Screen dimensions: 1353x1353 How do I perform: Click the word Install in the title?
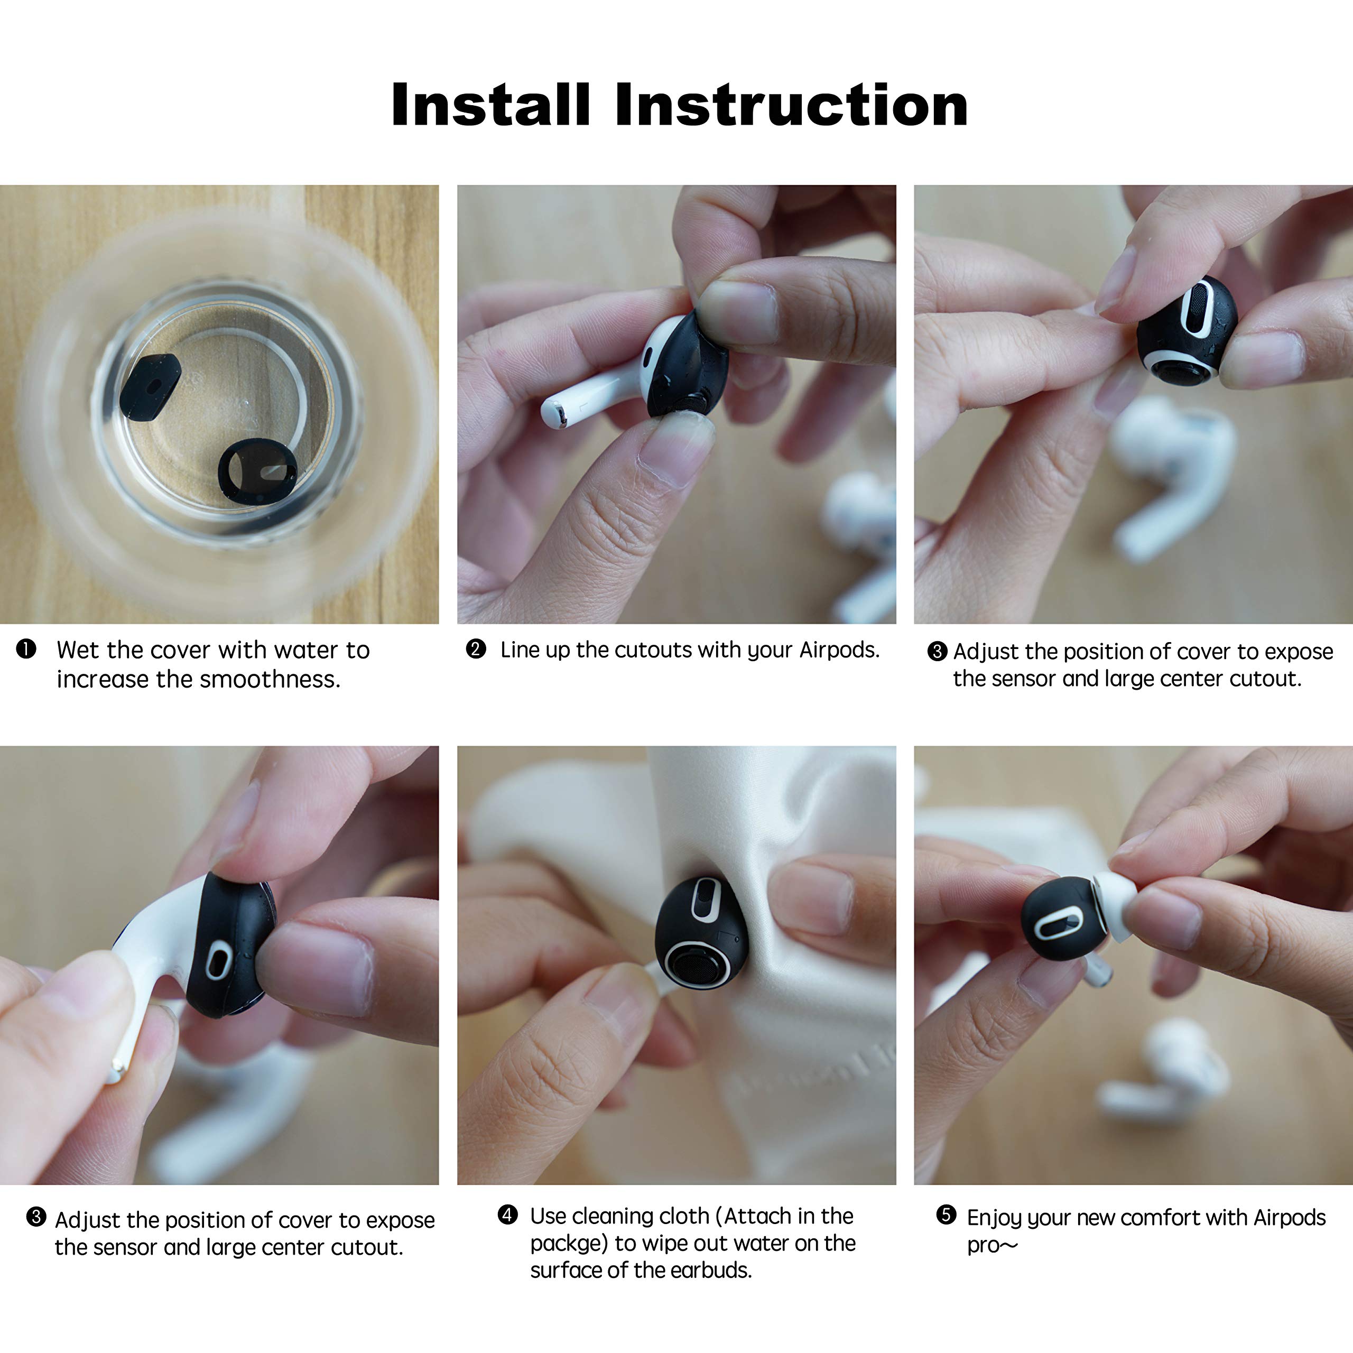(x=491, y=105)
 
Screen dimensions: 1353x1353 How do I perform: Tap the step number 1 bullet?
(x=26, y=649)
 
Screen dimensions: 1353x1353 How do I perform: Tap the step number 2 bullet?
(x=476, y=648)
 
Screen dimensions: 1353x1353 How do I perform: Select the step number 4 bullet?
(x=508, y=1215)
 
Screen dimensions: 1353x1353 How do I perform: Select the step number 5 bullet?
(x=946, y=1215)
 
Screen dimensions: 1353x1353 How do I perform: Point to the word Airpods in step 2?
(x=839, y=650)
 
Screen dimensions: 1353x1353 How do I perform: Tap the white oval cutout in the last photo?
(x=1057, y=924)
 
